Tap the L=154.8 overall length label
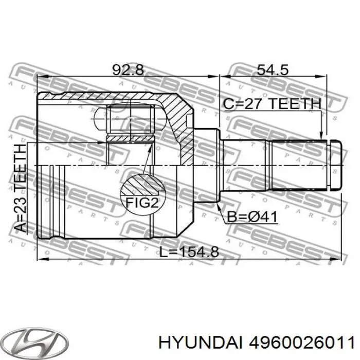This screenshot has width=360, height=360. pos(189,252)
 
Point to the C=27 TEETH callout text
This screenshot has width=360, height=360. pos(272,104)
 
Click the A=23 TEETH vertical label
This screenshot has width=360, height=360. pos(20,188)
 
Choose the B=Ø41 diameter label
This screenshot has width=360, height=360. pos(252,217)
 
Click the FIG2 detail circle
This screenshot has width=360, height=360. pos(142,194)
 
